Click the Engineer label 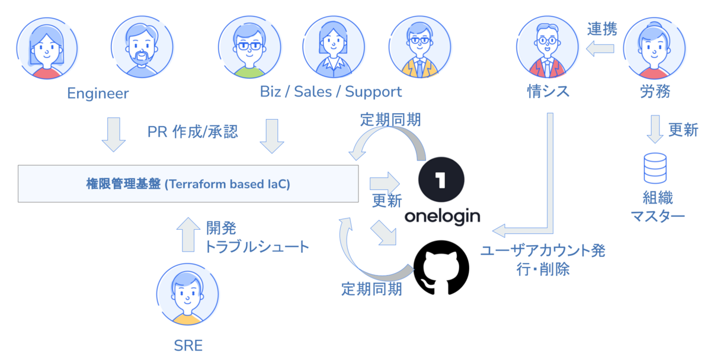pyautogui.click(x=98, y=93)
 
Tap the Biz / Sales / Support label pyautogui.click(x=331, y=92)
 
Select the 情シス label pyautogui.click(x=548, y=92)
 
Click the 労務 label pyautogui.click(x=655, y=92)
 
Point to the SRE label pyautogui.click(x=188, y=345)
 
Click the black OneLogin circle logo pyautogui.click(x=441, y=179)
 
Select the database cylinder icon pyautogui.click(x=655, y=168)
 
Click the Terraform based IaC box pyautogui.click(x=188, y=184)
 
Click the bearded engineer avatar pyautogui.click(x=142, y=47)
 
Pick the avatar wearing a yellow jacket pyautogui.click(x=419, y=47)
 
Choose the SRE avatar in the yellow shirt pyautogui.click(x=188, y=294)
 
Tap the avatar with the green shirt pyautogui.click(x=249, y=47)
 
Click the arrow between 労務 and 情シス pyautogui.click(x=600, y=49)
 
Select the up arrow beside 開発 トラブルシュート pyautogui.click(x=188, y=234)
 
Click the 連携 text pyautogui.click(x=602, y=29)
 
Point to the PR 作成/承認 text pyautogui.click(x=193, y=131)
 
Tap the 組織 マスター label pyautogui.click(x=657, y=207)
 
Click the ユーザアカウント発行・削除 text pyautogui.click(x=543, y=260)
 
